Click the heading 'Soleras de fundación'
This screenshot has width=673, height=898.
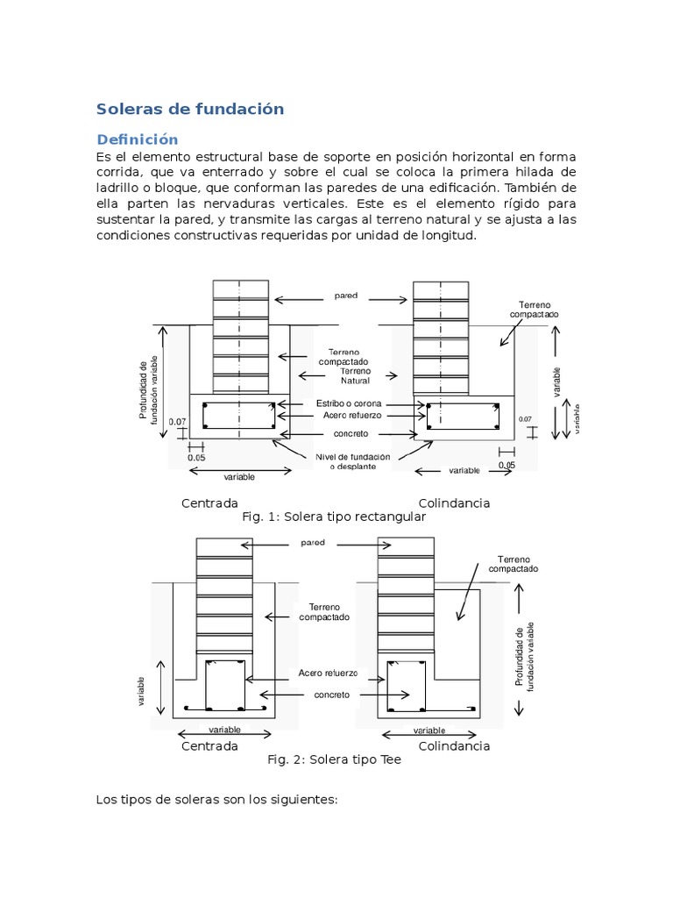(190, 110)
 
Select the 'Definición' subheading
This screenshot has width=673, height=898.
(137, 139)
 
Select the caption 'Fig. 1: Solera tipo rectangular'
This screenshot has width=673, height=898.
(333, 517)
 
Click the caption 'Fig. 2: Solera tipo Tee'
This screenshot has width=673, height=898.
(334, 759)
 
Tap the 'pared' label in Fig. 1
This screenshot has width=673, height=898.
(346, 296)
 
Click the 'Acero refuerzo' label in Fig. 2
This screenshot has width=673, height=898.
(329, 673)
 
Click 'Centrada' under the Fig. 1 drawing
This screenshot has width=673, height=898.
(209, 503)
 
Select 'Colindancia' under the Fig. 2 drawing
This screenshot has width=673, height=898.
(454, 746)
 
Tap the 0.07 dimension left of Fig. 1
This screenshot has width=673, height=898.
(177, 421)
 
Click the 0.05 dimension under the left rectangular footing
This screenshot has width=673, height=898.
(195, 457)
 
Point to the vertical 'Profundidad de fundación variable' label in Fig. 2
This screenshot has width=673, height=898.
(524, 656)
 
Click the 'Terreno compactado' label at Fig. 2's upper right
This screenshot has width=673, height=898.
(518, 564)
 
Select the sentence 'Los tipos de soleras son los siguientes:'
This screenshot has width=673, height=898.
(216, 800)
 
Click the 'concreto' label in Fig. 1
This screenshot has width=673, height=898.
(350, 434)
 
